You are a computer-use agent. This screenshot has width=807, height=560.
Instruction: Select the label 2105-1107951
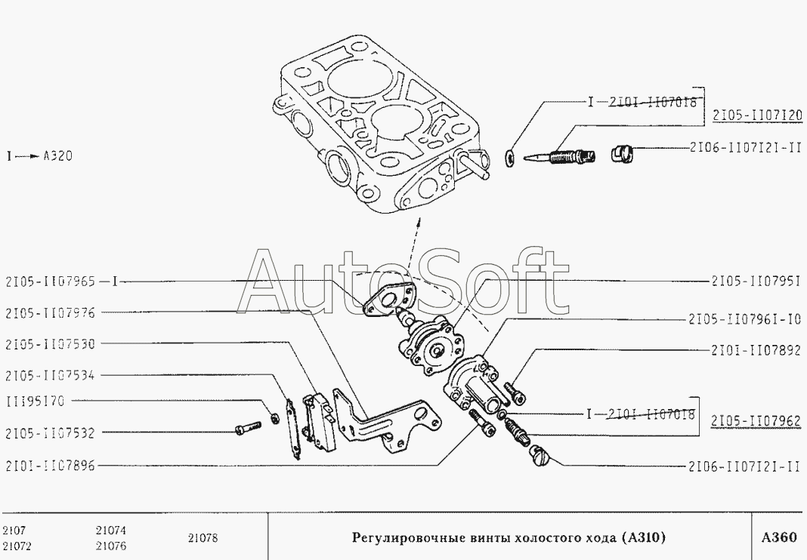pyautogui.click(x=755, y=281)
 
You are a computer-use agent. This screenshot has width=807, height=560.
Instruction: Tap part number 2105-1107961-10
pyautogui.click(x=744, y=319)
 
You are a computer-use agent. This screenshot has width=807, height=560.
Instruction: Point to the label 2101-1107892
pyautogui.click(x=755, y=350)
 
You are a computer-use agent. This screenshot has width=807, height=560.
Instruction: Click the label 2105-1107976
pyautogui.click(x=50, y=312)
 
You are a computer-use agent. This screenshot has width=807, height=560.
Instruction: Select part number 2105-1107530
pyautogui.click(x=50, y=343)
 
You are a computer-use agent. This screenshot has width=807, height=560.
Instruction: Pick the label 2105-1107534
pyautogui.click(x=50, y=375)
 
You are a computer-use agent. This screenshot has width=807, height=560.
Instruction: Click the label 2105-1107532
pyautogui.click(x=50, y=433)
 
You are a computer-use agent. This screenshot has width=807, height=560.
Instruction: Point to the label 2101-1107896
pyautogui.click(x=50, y=466)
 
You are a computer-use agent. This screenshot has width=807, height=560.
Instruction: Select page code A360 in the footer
pyautogui.click(x=778, y=538)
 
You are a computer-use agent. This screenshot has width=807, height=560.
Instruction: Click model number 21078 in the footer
pyautogui.click(x=203, y=538)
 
